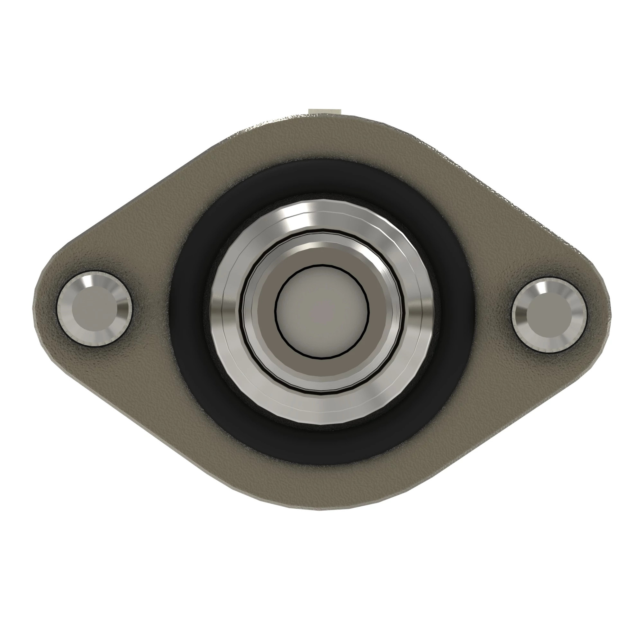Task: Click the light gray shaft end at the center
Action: pyautogui.click(x=321, y=312)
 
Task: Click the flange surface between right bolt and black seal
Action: pyautogui.click(x=493, y=313)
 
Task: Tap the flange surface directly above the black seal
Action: pyautogui.click(x=321, y=140)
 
